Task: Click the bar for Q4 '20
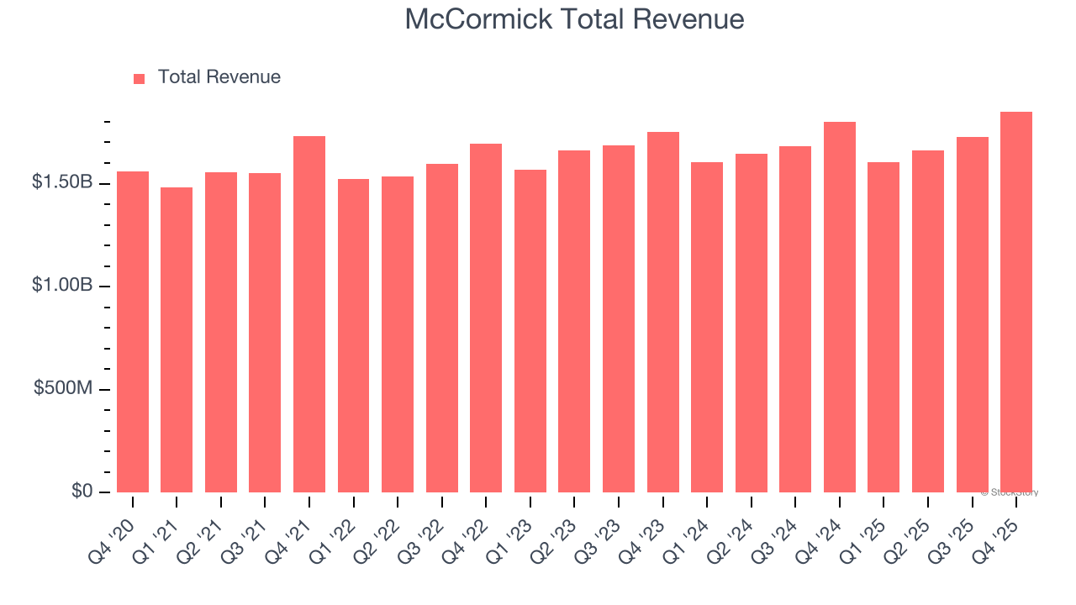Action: coord(133,332)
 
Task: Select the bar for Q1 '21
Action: coord(177,339)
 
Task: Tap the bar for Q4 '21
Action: coord(309,314)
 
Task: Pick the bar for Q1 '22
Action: coord(353,335)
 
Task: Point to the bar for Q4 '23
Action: coord(663,312)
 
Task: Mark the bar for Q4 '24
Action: coord(840,307)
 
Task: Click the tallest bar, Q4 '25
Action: coord(1016,302)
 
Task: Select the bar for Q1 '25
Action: coord(883,327)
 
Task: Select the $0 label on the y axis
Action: coord(82,492)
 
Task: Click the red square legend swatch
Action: coord(140,79)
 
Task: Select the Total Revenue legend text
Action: coord(219,77)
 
